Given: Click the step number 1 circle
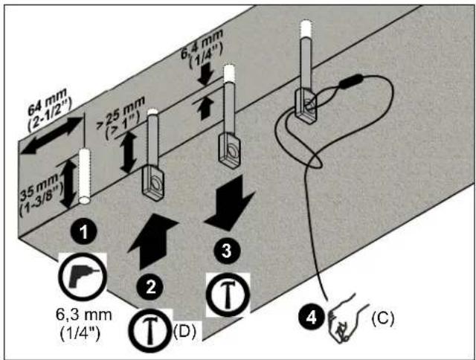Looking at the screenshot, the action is [x=84, y=233].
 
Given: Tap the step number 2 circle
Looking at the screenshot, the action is [x=150, y=287].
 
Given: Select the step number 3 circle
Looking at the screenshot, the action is [x=226, y=251].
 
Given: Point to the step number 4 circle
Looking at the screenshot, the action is [x=311, y=318].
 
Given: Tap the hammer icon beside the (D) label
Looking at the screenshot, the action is [x=149, y=330].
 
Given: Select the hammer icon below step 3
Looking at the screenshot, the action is [x=228, y=294].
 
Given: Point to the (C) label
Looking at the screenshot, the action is [x=383, y=318].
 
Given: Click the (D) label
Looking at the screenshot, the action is [x=184, y=332].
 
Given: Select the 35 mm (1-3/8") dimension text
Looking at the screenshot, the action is [x=41, y=195].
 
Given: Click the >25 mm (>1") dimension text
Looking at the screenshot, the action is [x=121, y=118].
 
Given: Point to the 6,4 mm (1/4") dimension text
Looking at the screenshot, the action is [x=203, y=49].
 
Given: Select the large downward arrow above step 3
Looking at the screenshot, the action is [x=230, y=203].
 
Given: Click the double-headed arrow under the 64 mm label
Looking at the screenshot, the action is [x=51, y=135].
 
